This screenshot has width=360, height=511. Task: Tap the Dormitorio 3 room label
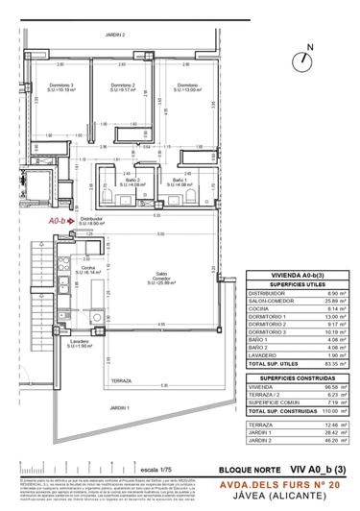tap(60, 88)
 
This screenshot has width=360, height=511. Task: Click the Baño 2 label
tap(132, 180)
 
